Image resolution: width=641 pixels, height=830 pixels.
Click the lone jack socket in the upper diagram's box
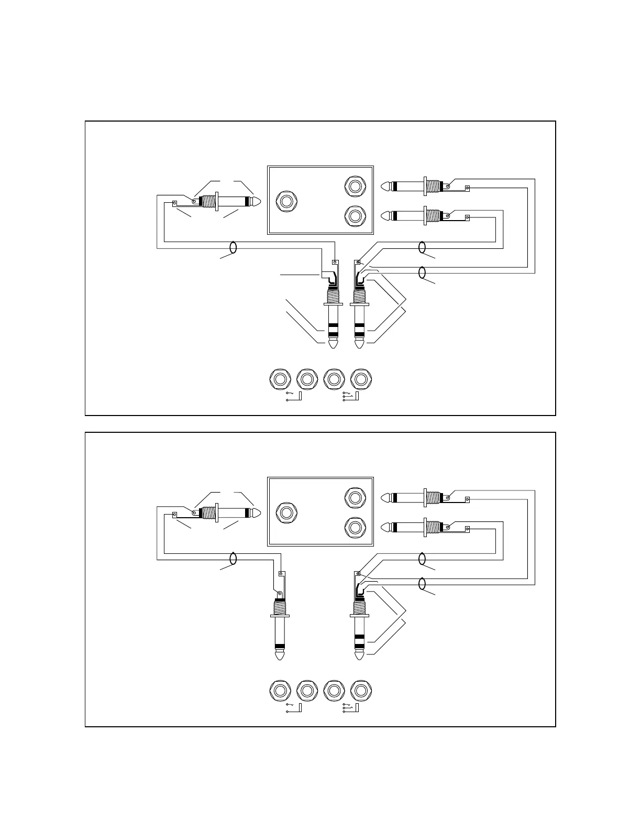click(286, 201)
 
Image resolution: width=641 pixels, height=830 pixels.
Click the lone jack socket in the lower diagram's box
click(286, 512)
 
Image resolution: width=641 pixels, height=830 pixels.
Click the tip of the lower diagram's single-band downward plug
click(280, 656)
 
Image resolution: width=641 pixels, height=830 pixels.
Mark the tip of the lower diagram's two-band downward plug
click(359, 656)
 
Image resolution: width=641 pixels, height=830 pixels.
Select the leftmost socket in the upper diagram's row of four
click(280, 379)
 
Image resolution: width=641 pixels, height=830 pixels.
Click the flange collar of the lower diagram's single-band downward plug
click(280, 616)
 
